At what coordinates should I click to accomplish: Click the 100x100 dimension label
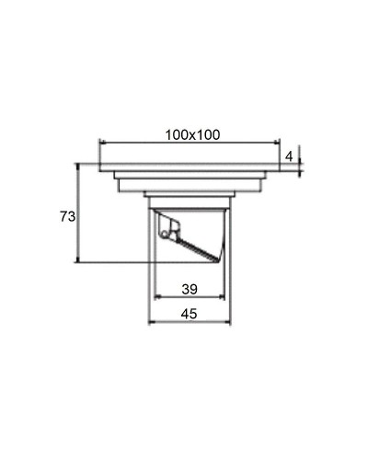(x=192, y=134)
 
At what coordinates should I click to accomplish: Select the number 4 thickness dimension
(x=289, y=157)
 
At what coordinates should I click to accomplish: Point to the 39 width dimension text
(x=189, y=289)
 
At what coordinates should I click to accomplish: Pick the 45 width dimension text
(x=189, y=314)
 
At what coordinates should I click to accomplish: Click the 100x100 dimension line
(x=189, y=143)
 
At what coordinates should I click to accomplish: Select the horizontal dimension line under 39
(x=189, y=297)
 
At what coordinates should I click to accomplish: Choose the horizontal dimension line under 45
(x=189, y=323)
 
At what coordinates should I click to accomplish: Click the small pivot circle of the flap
(x=166, y=235)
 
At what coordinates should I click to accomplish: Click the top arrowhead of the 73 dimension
(x=80, y=167)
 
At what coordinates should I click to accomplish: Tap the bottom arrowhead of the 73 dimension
(x=80, y=260)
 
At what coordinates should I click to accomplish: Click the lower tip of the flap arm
(x=218, y=259)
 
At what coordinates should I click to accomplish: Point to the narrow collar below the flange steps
(x=189, y=194)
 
